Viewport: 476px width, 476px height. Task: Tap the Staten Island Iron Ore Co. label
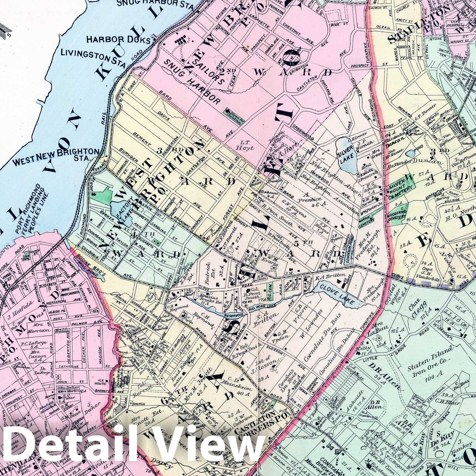click(x=430, y=367)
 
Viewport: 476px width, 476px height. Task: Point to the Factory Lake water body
click(x=118, y=208)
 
